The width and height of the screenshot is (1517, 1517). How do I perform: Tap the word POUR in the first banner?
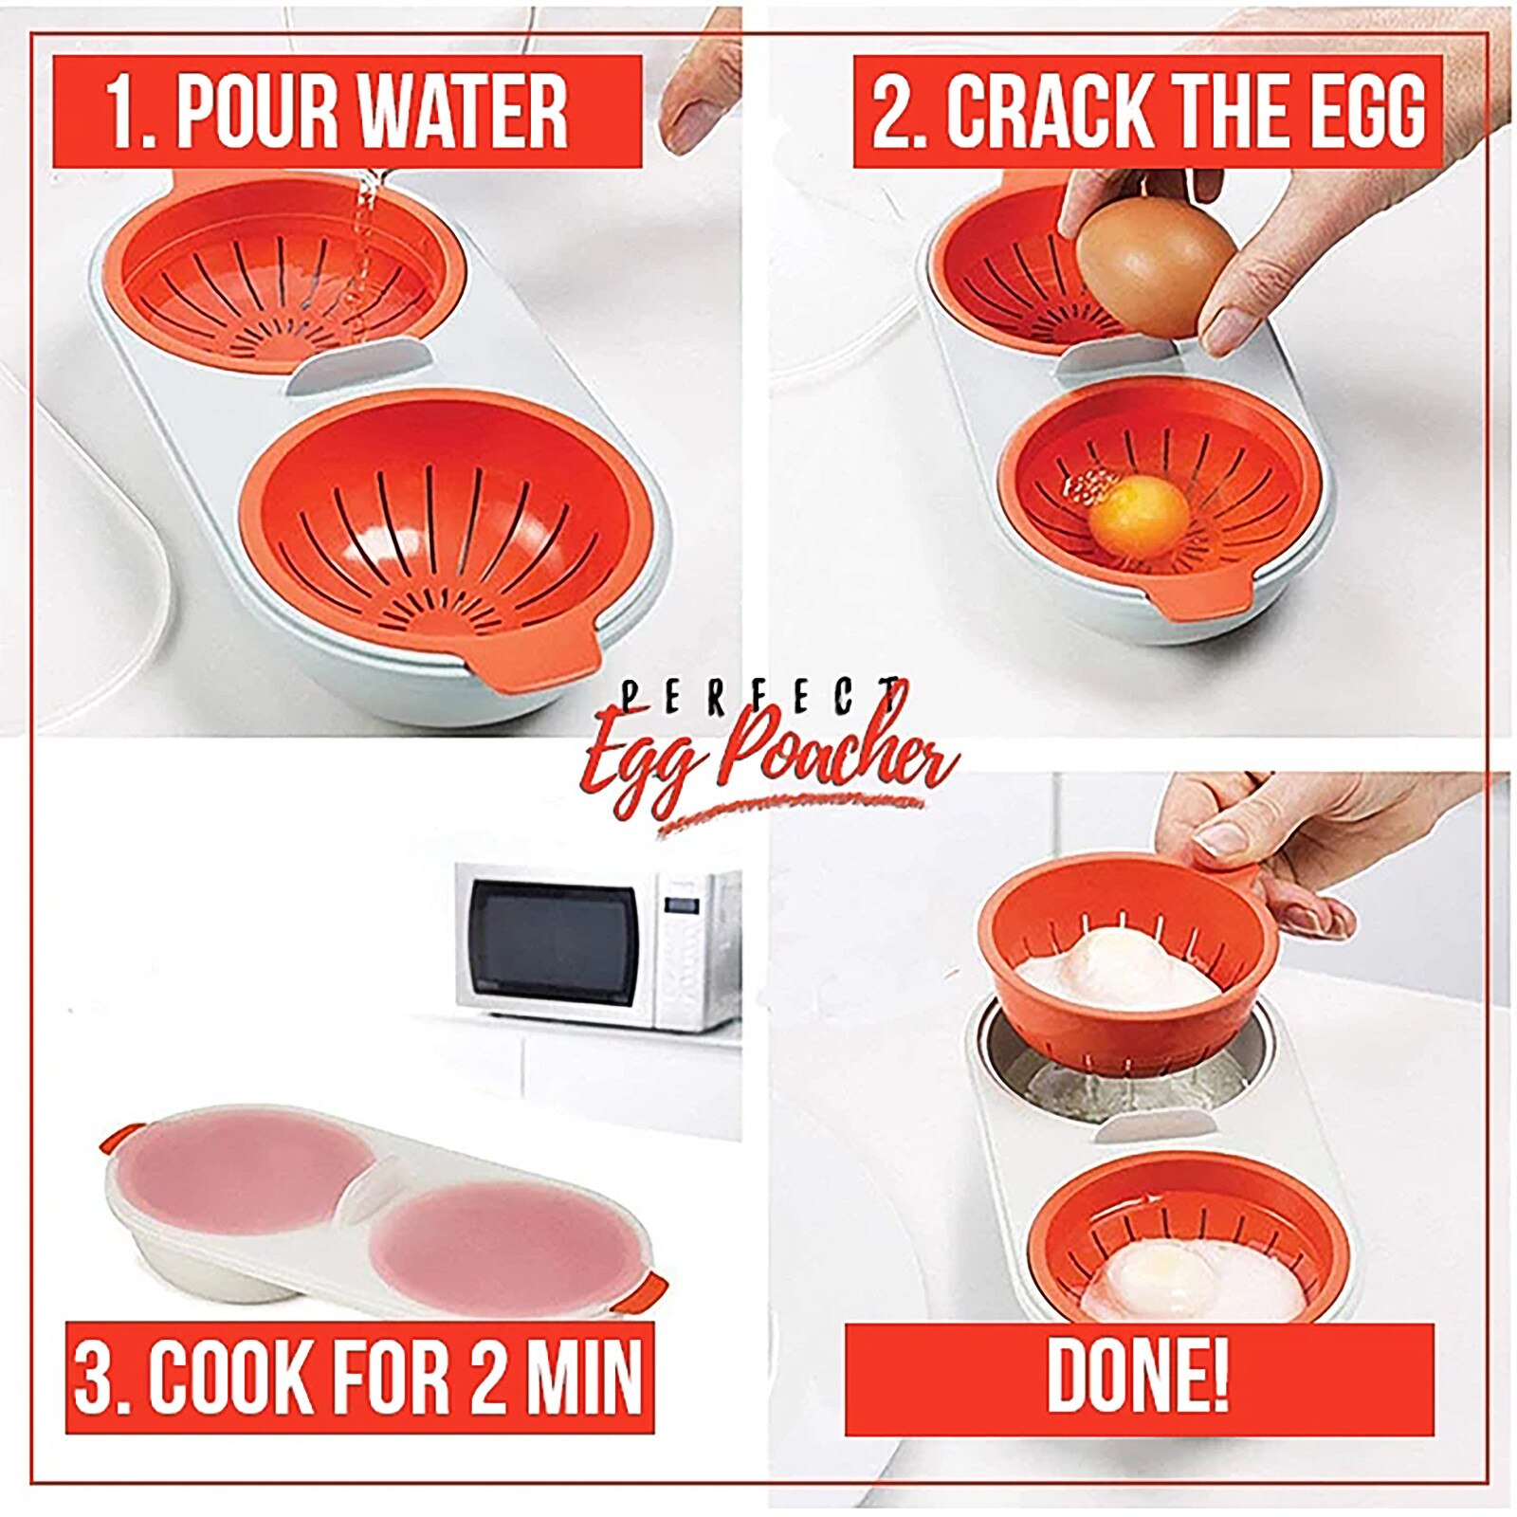pos(256,112)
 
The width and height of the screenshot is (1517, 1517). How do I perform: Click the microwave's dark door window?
pos(555,942)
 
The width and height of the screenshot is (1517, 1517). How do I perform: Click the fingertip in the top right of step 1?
pos(697,114)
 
